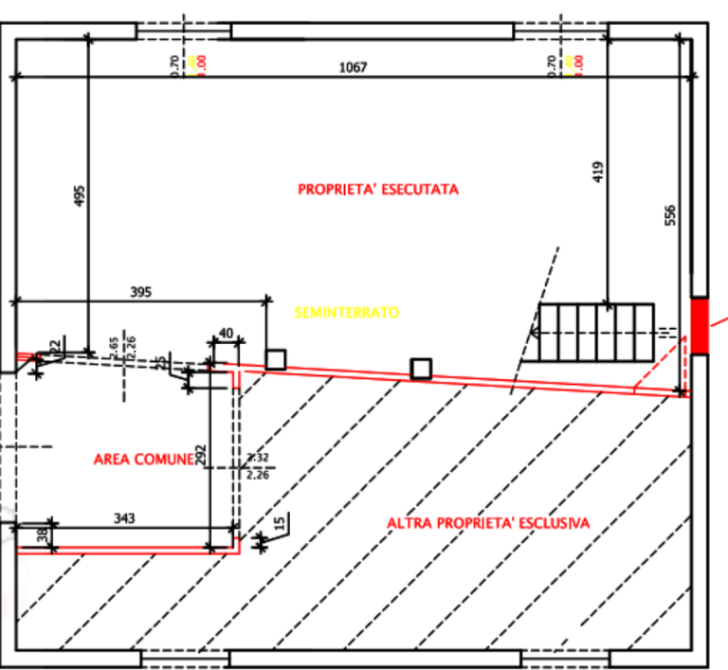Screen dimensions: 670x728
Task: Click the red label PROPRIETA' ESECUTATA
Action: pos(378,190)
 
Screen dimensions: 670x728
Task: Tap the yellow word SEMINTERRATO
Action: pos(347,312)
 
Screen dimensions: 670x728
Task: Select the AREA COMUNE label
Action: pos(143,459)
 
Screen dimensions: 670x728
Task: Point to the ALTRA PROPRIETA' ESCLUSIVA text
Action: pos(488,523)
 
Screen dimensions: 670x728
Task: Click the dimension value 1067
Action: pos(353,67)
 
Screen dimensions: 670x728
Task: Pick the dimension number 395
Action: pos(139,292)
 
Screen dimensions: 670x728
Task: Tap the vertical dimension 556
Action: pos(671,216)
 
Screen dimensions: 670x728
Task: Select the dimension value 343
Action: pos(124,517)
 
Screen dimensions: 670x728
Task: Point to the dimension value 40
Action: pos(226,333)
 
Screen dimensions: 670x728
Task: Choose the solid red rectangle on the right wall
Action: pos(700,327)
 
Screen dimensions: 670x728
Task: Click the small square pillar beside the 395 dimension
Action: pos(276,358)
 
